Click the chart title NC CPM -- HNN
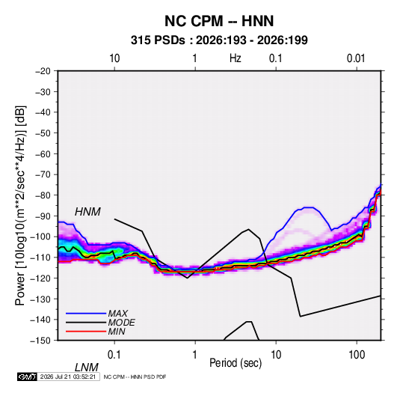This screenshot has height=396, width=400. (x=219, y=21)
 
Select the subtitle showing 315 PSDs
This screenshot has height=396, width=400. (x=219, y=40)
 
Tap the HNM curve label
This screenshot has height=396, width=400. (x=87, y=212)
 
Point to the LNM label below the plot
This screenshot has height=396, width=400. (x=86, y=368)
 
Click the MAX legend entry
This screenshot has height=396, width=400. (x=117, y=313)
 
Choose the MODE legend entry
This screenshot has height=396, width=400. (x=121, y=323)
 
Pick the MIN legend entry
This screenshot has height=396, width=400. (x=117, y=332)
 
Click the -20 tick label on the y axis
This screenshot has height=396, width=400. (x=43, y=71)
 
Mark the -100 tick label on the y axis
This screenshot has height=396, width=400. (x=40, y=237)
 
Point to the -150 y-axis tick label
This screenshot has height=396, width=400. (x=40, y=341)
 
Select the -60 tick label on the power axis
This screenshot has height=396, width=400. (x=43, y=153)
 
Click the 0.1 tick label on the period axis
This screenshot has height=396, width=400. (x=114, y=355)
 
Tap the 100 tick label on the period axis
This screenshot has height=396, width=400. (x=357, y=355)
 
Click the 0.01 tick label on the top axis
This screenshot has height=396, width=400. (x=356, y=58)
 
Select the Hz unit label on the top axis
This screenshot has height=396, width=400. (x=236, y=58)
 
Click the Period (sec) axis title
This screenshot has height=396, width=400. (x=236, y=363)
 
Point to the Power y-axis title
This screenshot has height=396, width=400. (x=20, y=206)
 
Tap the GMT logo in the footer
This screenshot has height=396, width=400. (x=28, y=377)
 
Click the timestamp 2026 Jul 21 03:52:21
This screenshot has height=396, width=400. (x=68, y=377)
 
